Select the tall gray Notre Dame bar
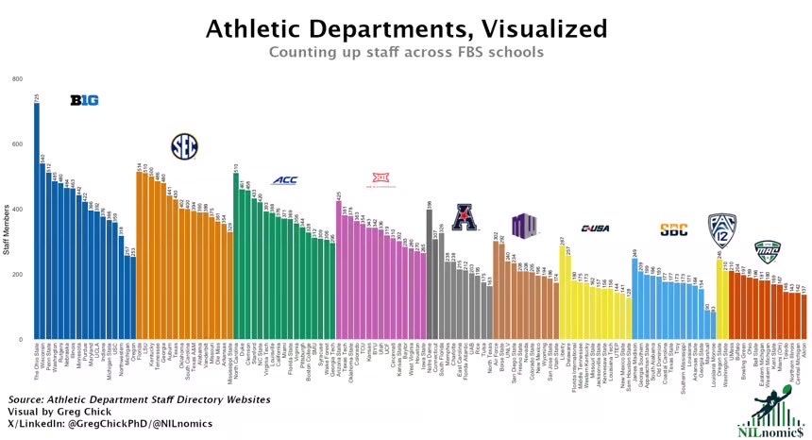(x=430, y=274)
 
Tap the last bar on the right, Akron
(x=804, y=316)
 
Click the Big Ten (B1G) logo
(x=84, y=100)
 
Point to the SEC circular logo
(x=184, y=145)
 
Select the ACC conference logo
(x=284, y=180)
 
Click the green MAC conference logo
(x=767, y=251)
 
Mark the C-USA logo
(x=596, y=228)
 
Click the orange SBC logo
(x=673, y=228)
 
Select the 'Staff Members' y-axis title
(x=7, y=232)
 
